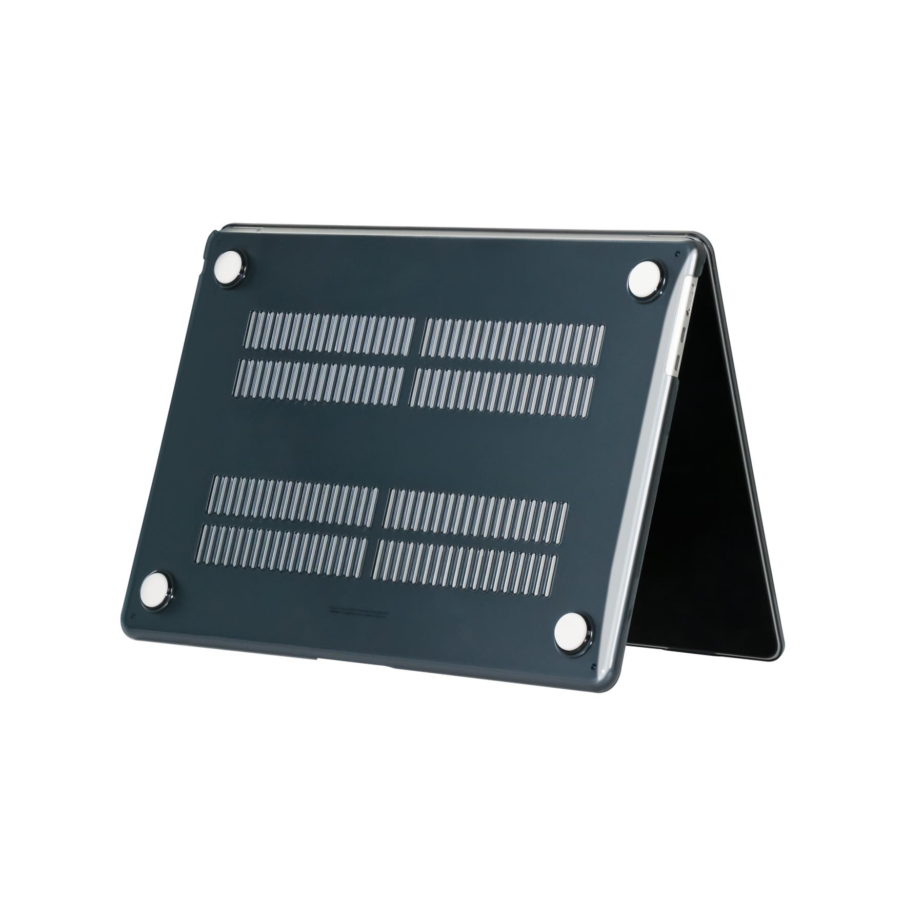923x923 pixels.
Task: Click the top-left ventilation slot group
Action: (x=331, y=334)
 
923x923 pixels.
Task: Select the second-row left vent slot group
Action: (x=321, y=380)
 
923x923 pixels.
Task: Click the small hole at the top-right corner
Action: (x=678, y=252)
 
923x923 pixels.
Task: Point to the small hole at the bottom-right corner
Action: (x=593, y=667)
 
